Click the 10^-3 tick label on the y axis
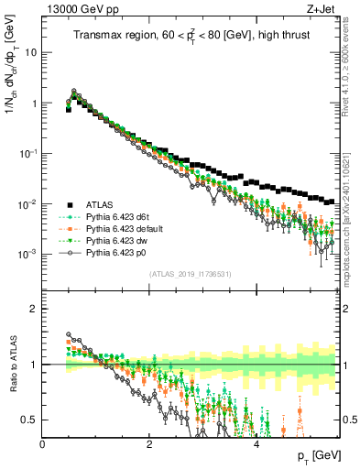[28, 254]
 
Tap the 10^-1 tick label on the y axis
[28, 154]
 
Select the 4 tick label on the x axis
[256, 444]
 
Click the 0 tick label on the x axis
[43, 444]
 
